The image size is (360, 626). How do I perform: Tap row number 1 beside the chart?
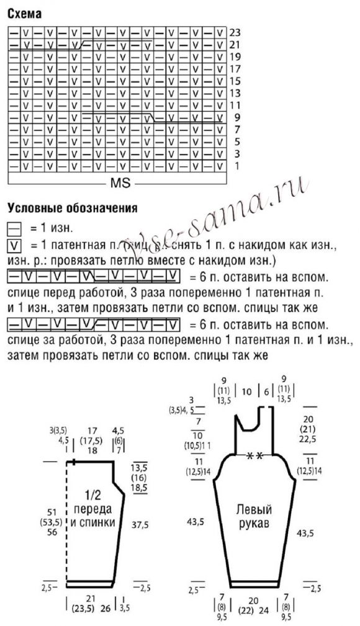[x=237, y=166]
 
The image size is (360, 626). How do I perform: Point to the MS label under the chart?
[x=119, y=184]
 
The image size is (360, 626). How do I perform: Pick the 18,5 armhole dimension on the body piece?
[x=139, y=488]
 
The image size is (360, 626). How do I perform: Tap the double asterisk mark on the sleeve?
[x=254, y=455]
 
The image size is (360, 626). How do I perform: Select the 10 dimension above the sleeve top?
[x=246, y=391]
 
